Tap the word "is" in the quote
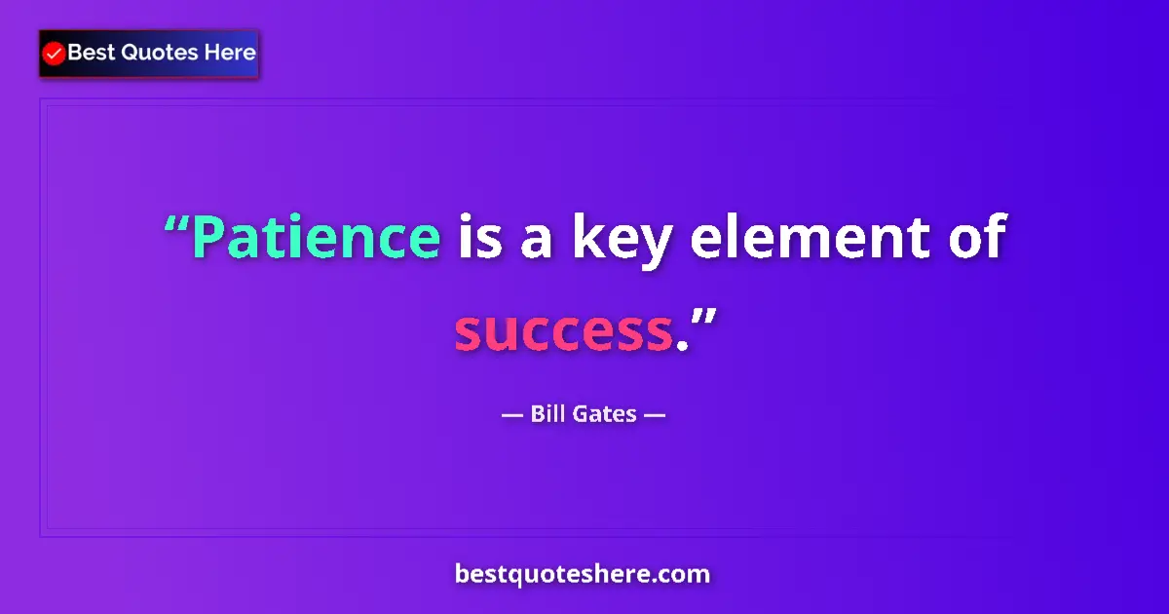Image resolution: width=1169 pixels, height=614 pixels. click(479, 238)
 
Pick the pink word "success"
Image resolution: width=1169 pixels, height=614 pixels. click(563, 332)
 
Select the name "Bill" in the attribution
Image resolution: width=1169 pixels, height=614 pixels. click(549, 414)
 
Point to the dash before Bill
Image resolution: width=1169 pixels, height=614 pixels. click(512, 415)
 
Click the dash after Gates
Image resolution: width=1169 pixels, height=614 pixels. click(655, 415)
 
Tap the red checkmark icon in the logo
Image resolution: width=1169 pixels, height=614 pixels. click(55, 54)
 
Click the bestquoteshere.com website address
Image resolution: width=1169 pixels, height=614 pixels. click(583, 574)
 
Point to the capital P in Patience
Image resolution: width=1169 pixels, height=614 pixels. click(208, 238)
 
